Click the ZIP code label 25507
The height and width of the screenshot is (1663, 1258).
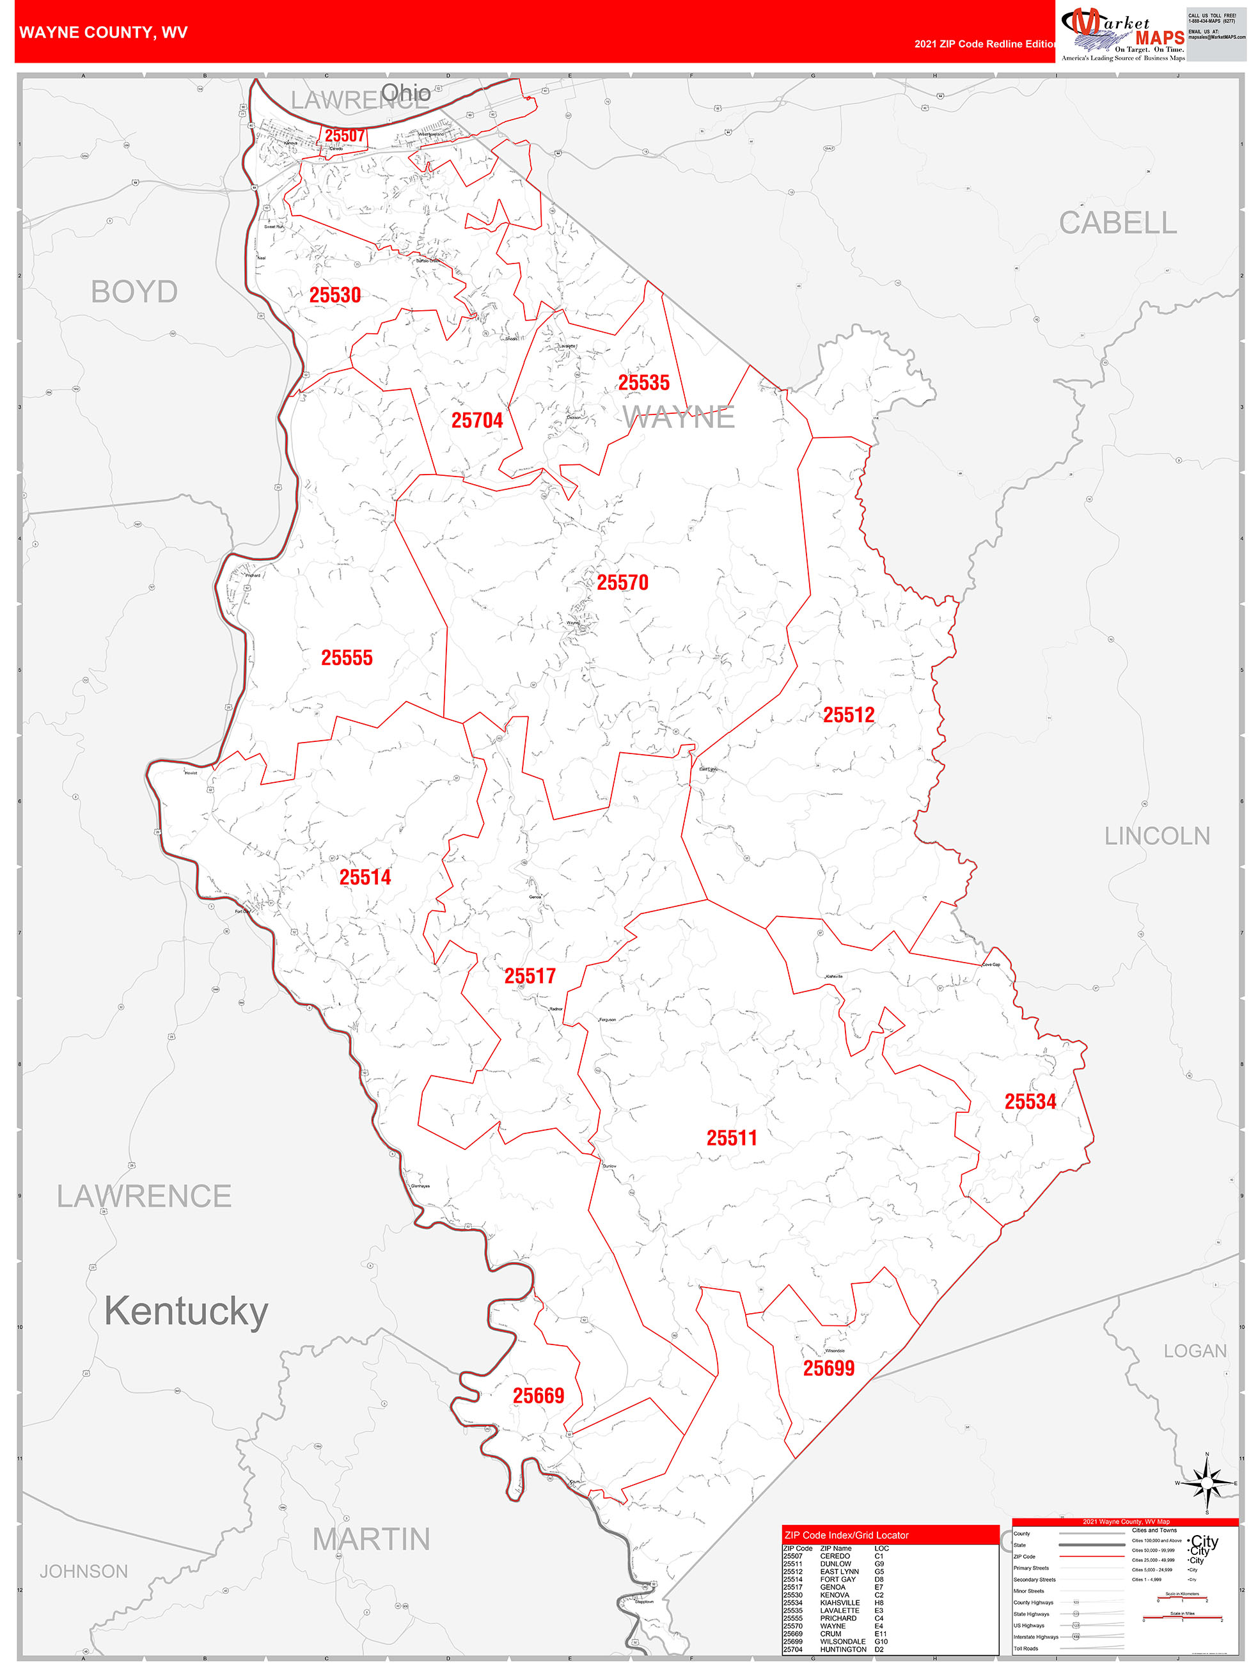click(x=344, y=136)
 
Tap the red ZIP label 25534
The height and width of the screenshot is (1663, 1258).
click(x=1030, y=1101)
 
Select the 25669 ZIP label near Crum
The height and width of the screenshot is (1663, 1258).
click(x=538, y=1396)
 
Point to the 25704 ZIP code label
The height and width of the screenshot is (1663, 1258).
click(x=476, y=420)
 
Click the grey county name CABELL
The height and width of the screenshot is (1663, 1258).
click(x=1117, y=223)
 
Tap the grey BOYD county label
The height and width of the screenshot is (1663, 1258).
click(x=134, y=292)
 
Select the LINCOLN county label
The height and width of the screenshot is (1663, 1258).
click(x=1156, y=836)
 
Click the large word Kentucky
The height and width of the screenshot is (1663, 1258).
click(x=185, y=1311)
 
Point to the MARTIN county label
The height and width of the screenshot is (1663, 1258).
click(x=371, y=1539)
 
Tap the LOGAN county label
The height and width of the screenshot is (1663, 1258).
click(x=1194, y=1351)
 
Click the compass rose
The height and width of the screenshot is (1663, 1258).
click(x=1206, y=1483)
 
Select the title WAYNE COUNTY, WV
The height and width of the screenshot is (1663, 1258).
click(x=103, y=33)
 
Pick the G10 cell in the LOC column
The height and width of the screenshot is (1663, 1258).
click(x=881, y=1641)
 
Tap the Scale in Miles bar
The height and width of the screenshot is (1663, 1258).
click(x=1181, y=1617)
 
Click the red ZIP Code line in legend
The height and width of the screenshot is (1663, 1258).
click(x=1090, y=1556)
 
